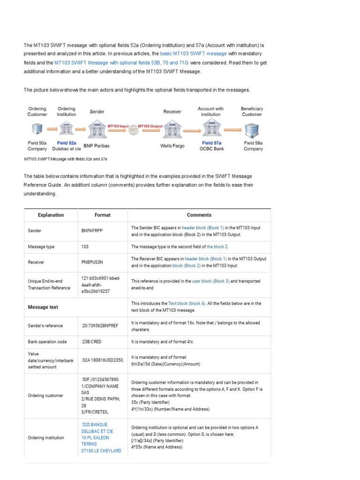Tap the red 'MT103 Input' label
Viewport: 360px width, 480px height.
(x=118, y=126)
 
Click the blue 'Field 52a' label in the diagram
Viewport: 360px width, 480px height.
(x=66, y=143)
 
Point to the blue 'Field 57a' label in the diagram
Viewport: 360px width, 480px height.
(x=211, y=143)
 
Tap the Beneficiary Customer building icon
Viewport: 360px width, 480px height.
(x=252, y=129)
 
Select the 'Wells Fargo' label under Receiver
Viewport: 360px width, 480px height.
(x=172, y=146)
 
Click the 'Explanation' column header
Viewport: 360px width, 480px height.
(x=51, y=215)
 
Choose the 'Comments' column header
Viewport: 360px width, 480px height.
(x=199, y=215)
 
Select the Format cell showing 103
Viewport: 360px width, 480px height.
(x=85, y=247)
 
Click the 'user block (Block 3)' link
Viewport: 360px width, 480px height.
(x=210, y=281)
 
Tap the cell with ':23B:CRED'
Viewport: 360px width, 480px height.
(x=92, y=342)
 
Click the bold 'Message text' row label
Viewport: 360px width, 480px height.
(x=43, y=307)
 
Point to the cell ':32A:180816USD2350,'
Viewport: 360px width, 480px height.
(x=102, y=360)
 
